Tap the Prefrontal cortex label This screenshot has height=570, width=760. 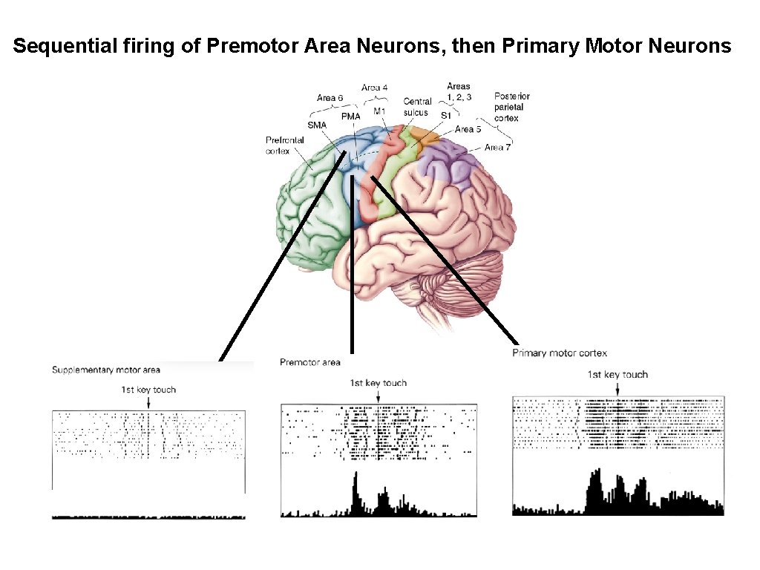282,145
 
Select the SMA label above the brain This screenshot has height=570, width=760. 316,125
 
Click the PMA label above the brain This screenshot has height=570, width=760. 350,117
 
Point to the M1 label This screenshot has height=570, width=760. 379,111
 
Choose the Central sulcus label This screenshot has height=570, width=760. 416,107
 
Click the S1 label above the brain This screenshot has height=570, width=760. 445,116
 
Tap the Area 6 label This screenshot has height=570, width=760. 330,98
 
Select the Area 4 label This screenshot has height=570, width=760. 374,88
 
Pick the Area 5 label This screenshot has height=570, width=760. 468,129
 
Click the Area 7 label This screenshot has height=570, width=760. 497,148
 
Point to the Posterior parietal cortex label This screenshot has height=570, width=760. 511,107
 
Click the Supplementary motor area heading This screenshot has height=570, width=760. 105,370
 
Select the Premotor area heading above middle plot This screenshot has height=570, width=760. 309,362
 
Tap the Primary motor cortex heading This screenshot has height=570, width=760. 559,353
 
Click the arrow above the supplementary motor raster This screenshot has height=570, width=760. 149,402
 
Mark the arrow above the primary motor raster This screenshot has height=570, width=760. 617,387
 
